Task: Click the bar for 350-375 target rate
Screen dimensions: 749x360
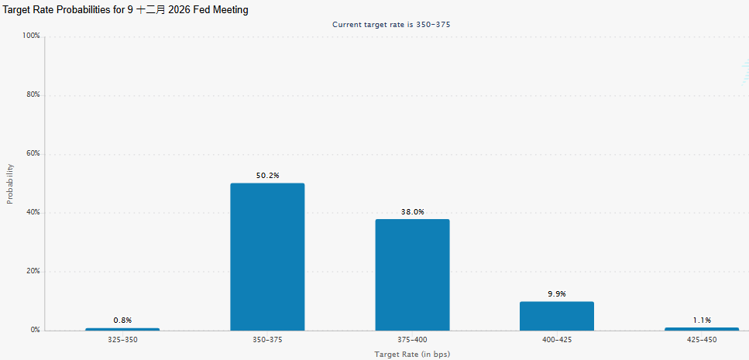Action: coord(267,257)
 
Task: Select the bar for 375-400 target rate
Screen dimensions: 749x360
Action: coord(412,275)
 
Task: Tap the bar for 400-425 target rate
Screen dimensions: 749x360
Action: coord(557,316)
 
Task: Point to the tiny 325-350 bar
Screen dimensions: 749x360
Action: coord(122,330)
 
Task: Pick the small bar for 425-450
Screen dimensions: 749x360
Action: coord(702,329)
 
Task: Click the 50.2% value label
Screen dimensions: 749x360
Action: coord(267,176)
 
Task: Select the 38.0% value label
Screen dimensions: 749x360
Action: coord(412,212)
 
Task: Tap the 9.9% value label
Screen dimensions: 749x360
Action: coord(557,294)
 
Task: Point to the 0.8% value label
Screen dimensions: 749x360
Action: coord(122,321)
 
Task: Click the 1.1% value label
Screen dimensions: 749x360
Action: coord(702,321)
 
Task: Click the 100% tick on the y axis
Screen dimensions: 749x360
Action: coord(31,36)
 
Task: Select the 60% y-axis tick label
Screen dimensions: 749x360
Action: coord(33,154)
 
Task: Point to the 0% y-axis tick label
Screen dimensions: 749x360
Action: coord(35,330)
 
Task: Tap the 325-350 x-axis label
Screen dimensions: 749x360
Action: coord(122,340)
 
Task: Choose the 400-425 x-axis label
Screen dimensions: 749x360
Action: coord(557,340)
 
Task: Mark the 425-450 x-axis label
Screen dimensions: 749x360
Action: coord(702,340)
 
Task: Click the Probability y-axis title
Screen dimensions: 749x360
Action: coord(10,183)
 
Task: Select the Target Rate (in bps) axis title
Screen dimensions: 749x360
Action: coord(412,355)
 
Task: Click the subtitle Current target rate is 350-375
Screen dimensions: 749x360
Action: coord(391,24)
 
